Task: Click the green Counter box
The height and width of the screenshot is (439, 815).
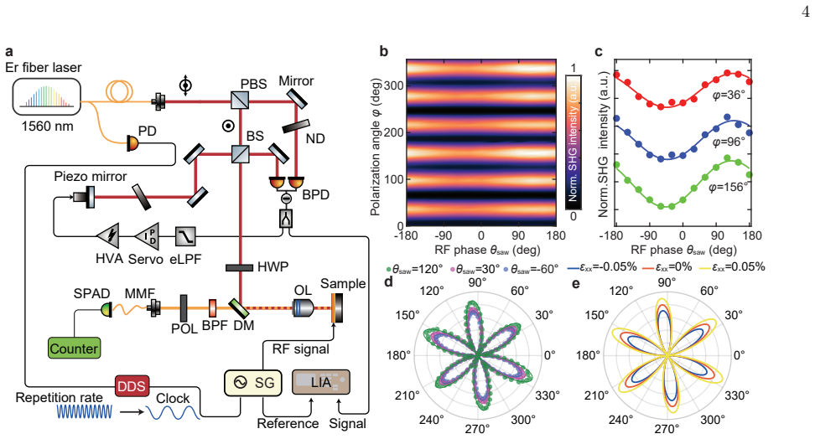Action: pyautogui.click(x=74, y=348)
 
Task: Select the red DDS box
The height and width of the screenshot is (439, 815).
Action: pyautogui.click(x=132, y=386)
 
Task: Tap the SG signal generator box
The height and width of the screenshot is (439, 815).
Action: pyautogui.click(x=252, y=382)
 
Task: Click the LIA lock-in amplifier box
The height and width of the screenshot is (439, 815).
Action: pyautogui.click(x=320, y=382)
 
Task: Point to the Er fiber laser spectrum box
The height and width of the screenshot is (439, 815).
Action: pyautogui.click(x=47, y=96)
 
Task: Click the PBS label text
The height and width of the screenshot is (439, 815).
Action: pyautogui.click(x=254, y=84)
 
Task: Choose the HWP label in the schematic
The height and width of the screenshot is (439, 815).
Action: pyautogui.click(x=273, y=267)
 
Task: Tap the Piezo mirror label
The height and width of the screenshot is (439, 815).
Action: pyautogui.click(x=91, y=177)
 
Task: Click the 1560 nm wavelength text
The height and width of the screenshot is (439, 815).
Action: pyautogui.click(x=47, y=127)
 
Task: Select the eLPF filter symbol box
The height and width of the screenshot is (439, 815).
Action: pyautogui.click(x=185, y=236)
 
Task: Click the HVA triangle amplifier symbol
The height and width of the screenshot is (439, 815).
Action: pyautogui.click(x=108, y=236)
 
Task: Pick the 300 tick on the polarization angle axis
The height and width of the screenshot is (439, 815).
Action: pyautogui.click(x=394, y=85)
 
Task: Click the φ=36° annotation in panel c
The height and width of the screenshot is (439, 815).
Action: pyautogui.click(x=729, y=96)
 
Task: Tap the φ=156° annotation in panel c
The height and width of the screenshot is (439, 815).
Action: pyautogui.click(x=728, y=187)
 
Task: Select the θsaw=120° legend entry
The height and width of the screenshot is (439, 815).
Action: pyautogui.click(x=414, y=269)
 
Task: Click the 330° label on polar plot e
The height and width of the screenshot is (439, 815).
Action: pyautogui.click(x=738, y=396)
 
